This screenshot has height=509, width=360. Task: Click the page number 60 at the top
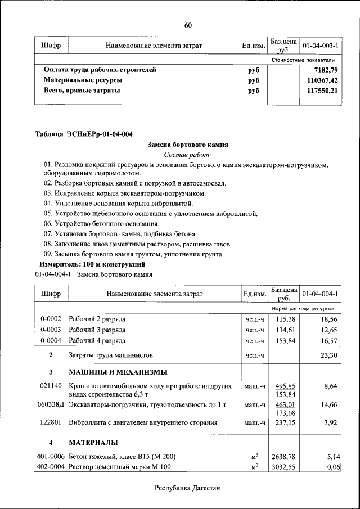[188, 25]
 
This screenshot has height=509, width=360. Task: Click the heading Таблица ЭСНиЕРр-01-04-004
[84, 134]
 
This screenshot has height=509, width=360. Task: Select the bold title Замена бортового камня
[187, 145]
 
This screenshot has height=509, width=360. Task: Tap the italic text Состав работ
[187, 154]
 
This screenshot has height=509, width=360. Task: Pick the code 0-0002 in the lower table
[51, 318]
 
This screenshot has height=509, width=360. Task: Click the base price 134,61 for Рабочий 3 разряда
[283, 330]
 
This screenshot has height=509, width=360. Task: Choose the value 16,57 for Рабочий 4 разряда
[328, 341]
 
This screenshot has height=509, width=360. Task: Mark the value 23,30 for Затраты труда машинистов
[328, 355]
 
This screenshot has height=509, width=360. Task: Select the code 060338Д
[51, 404]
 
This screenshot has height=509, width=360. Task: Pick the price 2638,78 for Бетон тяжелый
[283, 457]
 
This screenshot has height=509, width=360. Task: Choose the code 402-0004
[51, 467]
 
